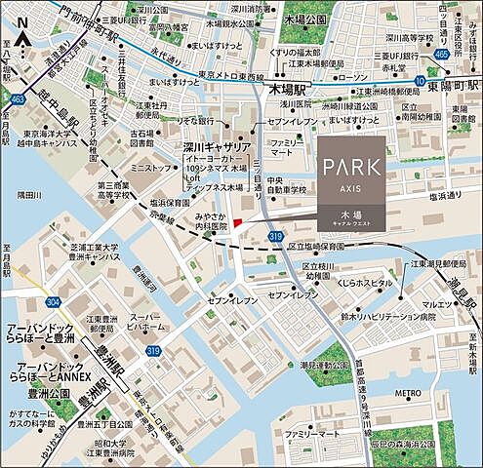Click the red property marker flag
238,224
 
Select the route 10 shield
419,81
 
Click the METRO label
407,395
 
